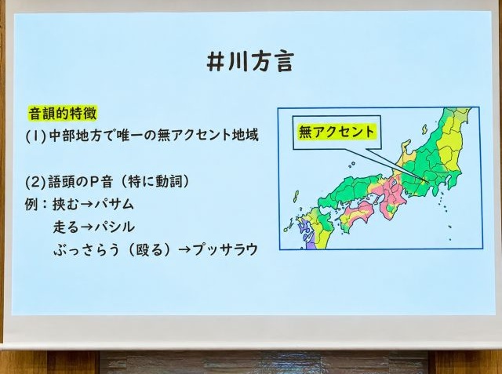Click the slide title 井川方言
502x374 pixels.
[250, 62]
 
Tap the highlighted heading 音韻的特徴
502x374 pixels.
[63, 114]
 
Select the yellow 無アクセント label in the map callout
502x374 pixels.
[336, 132]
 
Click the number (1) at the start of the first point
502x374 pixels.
[36, 136]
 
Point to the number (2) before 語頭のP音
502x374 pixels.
[36, 182]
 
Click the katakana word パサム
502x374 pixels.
[114, 205]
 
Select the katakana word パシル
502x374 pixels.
[115, 227]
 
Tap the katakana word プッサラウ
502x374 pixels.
[226, 249]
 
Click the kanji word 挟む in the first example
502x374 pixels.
[65, 205]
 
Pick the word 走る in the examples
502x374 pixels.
[66, 227]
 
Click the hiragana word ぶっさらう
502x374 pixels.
[86, 250]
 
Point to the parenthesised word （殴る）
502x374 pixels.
[150, 250]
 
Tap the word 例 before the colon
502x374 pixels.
[31, 205]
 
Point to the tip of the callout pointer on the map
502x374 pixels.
[427, 183]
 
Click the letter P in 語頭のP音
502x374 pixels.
[94, 182]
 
